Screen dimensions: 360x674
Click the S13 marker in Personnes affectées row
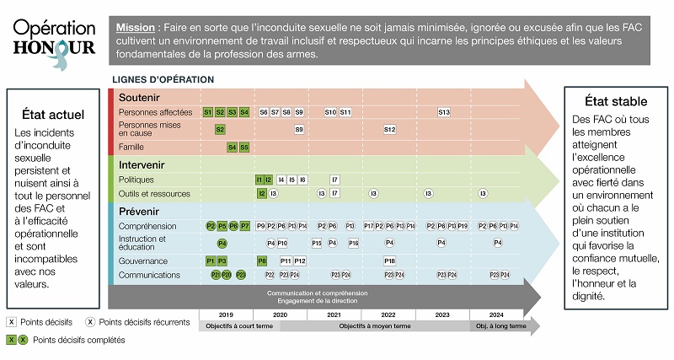(444, 112)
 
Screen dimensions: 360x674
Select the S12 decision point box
(389, 130)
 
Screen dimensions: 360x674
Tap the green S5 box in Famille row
(244, 147)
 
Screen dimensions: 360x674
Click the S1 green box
(208, 112)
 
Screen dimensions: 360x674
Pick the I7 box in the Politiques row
(334, 180)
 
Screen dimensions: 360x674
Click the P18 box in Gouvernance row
(389, 261)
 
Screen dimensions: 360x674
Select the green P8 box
(262, 261)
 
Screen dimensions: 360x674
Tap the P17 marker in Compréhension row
(369, 226)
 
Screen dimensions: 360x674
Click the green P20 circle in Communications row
(227, 275)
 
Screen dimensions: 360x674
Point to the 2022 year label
(388, 314)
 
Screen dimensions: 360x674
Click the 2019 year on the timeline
(225, 314)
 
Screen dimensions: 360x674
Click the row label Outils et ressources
(154, 194)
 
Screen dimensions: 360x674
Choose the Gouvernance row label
(143, 261)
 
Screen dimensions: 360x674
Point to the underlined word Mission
(136, 28)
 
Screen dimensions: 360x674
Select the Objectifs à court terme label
(240, 326)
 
